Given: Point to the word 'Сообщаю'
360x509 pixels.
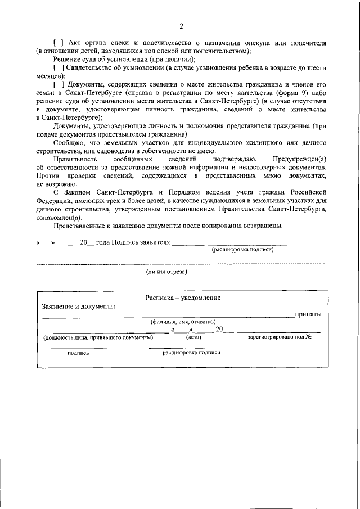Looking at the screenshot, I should [69, 143].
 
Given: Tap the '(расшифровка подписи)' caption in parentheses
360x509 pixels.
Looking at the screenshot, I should [242, 250].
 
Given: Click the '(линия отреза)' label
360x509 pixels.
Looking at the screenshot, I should [166, 271].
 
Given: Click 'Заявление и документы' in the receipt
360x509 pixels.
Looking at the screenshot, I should [78, 307].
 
